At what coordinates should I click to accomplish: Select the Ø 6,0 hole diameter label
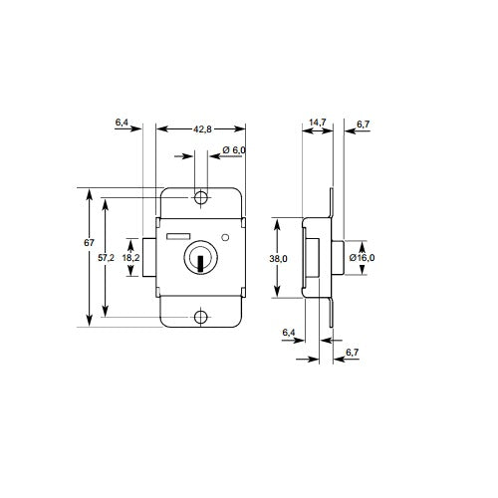[234, 149]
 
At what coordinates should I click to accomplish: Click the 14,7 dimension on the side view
[318, 122]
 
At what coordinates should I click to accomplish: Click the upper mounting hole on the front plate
[201, 199]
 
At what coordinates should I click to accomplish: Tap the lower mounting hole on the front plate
[201, 318]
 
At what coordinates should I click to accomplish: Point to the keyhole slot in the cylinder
[201, 264]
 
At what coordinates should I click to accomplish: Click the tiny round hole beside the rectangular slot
[227, 237]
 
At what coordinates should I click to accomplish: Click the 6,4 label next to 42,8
[123, 122]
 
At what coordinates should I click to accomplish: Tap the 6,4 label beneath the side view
[289, 332]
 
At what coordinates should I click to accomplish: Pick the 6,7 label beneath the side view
[352, 352]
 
